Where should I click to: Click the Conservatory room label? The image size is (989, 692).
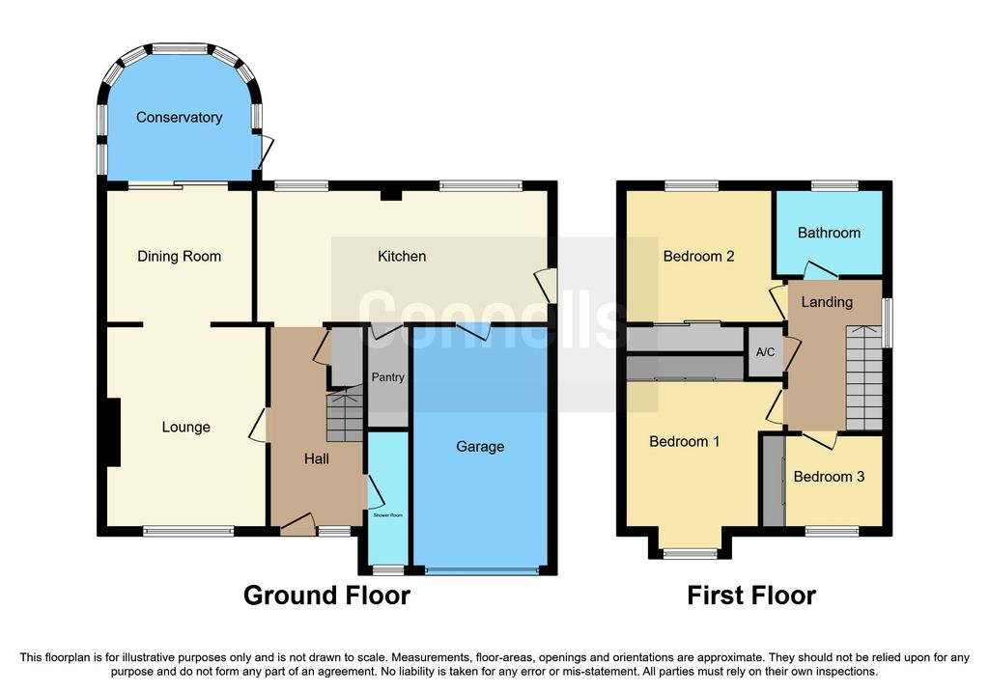click(179, 117)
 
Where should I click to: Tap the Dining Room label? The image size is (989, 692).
click(179, 257)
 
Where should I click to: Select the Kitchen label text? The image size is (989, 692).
click(402, 257)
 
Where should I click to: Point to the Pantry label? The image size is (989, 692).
click(387, 376)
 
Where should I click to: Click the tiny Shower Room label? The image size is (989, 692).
click(388, 515)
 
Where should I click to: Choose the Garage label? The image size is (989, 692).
click(480, 447)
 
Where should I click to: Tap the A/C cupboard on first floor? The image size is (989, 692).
click(765, 351)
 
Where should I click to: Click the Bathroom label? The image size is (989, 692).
click(829, 234)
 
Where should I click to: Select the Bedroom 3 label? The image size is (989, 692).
click(829, 477)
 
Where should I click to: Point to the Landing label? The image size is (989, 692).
click(827, 302)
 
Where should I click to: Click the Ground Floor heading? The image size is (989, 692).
click(326, 595)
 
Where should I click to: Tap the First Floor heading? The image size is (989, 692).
click(751, 595)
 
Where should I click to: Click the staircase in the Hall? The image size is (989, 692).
click(345, 414)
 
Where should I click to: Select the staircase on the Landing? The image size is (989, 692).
click(863, 377)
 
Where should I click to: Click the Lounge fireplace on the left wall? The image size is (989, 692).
click(114, 432)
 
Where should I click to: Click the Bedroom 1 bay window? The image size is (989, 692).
click(690, 554)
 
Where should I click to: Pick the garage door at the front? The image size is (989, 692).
click(483, 571)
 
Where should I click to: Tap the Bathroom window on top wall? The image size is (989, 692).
click(834, 185)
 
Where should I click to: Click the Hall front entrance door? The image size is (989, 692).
click(297, 524)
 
